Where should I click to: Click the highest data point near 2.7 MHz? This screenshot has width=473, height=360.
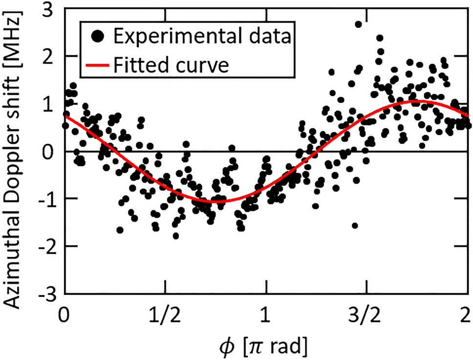[358, 24]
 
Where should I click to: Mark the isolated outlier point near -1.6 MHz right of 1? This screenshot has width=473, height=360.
[355, 225]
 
